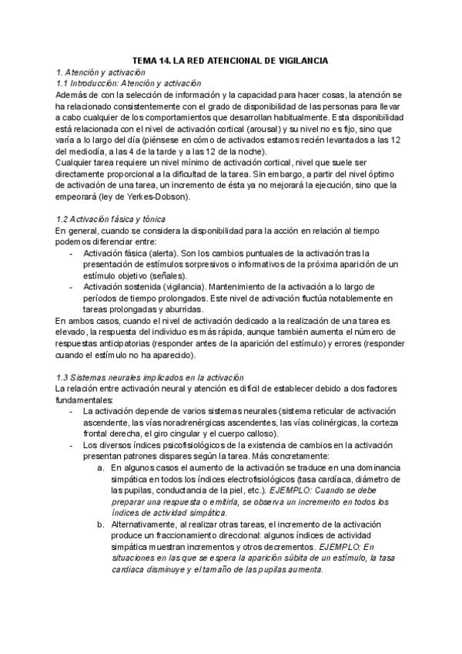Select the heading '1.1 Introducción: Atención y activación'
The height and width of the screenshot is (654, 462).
tap(129, 83)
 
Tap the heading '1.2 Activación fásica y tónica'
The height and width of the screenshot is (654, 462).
tap(116, 220)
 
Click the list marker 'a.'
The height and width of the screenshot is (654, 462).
tap(101, 467)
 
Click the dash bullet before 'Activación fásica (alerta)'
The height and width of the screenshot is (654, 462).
tap(72, 253)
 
